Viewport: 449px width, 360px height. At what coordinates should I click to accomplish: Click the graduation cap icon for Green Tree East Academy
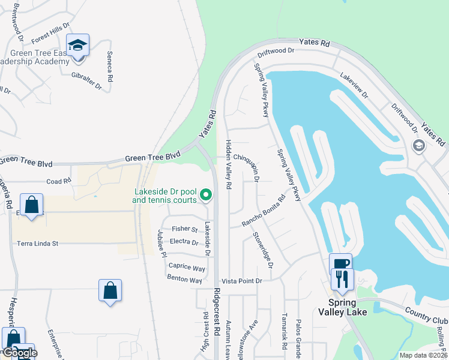[x=77, y=46]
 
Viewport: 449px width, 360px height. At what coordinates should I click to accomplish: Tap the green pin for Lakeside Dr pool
[x=206, y=194]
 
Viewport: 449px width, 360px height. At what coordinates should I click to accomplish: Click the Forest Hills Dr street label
[x=50, y=37]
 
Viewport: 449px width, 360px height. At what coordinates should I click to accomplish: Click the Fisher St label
[x=185, y=229]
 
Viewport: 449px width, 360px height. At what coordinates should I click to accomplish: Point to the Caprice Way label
[x=187, y=266]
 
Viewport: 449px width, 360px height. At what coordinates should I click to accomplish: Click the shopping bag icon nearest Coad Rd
[x=32, y=205]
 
